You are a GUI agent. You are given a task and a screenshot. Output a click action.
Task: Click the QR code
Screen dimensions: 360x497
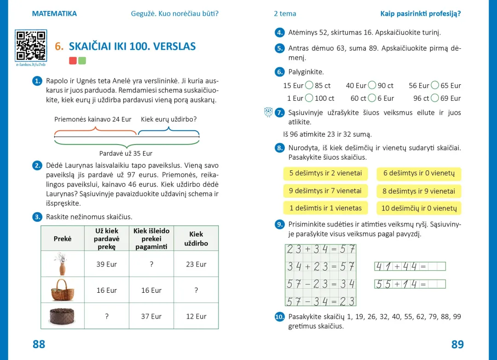[31, 46]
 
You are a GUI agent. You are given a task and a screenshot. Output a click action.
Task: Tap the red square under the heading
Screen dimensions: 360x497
[73, 60]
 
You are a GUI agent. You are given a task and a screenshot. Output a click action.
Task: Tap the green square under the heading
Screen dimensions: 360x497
[82, 60]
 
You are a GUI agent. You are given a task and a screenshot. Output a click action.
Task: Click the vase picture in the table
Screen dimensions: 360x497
[62, 264]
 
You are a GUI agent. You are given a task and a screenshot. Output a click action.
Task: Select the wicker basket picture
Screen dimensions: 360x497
[62, 290]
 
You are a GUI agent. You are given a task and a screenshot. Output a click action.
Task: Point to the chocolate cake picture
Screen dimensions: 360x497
[62, 316]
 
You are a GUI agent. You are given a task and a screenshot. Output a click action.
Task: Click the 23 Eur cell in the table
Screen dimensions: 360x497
[196, 264]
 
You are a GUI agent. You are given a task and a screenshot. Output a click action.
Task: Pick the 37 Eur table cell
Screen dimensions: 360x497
[151, 316]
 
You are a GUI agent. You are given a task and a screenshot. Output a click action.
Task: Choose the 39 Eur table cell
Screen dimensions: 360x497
[107, 264]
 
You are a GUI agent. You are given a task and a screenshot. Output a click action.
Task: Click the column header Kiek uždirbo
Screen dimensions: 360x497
[196, 238]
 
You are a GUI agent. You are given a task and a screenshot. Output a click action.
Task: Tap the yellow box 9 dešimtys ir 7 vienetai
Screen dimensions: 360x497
[325, 191]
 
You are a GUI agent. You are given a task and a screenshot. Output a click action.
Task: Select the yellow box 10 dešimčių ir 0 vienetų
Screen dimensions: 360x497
[419, 208]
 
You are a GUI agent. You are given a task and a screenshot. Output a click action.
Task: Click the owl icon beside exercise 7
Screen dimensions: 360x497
[268, 112]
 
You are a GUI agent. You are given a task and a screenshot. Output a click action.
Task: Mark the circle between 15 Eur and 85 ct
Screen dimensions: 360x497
[309, 85]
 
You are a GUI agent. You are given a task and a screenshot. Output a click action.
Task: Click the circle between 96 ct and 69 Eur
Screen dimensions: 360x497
[435, 98]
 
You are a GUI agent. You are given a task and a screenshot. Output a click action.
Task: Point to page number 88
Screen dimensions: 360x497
[39, 344]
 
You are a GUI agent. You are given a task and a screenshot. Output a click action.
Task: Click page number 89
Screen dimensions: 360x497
[457, 344]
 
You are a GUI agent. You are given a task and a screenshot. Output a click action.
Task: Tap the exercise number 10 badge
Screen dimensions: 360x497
[280, 317]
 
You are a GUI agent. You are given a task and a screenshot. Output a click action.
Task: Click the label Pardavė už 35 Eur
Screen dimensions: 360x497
[126, 153]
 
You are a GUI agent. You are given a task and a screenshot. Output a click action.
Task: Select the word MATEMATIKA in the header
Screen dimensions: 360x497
[54, 14]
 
